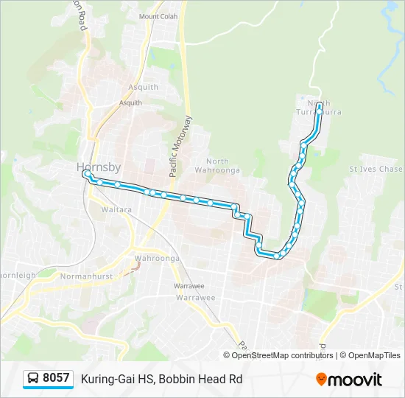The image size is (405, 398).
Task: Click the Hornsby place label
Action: click(99, 167)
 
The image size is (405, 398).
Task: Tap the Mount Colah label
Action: click(158, 16)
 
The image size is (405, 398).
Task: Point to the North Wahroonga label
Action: click(217, 166)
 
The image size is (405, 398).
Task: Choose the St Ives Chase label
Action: click(376, 170)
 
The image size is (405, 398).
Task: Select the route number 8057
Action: click(56, 378)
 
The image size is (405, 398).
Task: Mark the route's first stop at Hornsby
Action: click(86, 174)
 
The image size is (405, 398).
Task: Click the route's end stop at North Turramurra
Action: click(319, 106)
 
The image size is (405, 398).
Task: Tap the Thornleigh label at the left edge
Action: click(16, 276)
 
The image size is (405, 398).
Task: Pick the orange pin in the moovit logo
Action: click(322, 380)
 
